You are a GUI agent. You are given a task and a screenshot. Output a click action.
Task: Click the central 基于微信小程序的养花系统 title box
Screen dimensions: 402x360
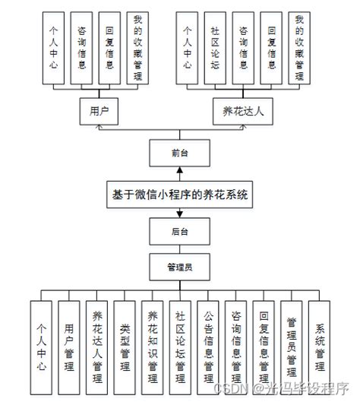tap(180, 194)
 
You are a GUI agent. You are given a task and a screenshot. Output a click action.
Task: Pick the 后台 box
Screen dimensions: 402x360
tap(180, 229)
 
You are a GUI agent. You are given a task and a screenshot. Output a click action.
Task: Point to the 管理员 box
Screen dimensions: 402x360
tap(180, 267)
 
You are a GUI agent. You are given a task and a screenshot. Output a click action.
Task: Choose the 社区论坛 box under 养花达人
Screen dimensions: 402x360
tap(216, 47)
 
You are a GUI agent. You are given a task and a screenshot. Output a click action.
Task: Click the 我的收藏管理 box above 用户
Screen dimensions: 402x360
tap(137, 47)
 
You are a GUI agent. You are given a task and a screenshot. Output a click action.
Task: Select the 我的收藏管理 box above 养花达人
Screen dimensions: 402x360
tap(299, 47)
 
